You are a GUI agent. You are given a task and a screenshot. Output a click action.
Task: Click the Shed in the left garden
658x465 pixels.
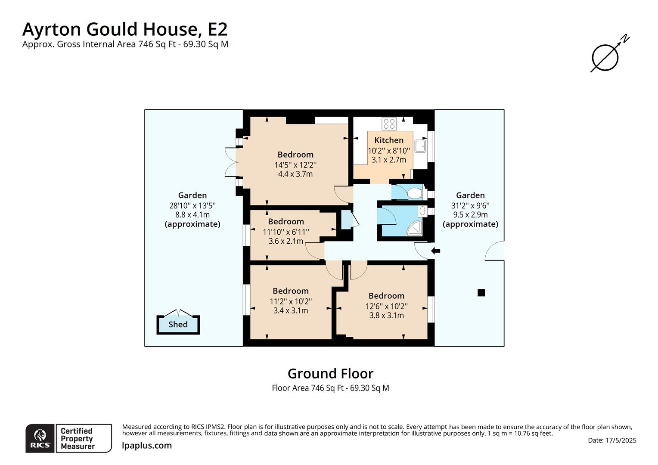(x=178, y=324)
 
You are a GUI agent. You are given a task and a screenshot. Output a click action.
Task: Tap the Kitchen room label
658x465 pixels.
(x=389, y=140)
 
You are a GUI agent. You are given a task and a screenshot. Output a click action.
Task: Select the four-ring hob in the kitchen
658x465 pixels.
(x=389, y=124)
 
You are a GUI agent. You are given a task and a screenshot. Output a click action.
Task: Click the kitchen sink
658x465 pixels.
(x=420, y=146)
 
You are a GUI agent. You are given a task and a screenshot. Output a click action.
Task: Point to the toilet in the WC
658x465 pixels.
(x=414, y=192)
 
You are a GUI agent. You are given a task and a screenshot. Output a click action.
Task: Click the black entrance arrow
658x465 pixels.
(x=436, y=251)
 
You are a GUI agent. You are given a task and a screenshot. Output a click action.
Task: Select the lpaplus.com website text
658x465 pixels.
(x=147, y=446)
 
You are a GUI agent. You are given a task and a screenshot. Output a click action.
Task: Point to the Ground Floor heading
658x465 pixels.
(x=330, y=373)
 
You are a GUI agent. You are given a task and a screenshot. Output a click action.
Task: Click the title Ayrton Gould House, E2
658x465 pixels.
(x=125, y=29)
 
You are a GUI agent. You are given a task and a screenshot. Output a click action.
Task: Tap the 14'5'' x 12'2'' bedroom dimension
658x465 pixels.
(x=295, y=164)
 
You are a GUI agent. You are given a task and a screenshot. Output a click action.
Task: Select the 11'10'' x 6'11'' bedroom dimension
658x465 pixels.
(x=286, y=232)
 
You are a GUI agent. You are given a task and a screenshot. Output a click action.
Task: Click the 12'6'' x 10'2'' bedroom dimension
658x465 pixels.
(x=386, y=306)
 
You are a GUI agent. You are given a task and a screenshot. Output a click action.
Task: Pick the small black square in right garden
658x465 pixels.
(x=481, y=293)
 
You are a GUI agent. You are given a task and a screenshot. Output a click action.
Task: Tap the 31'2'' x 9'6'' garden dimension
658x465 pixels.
(x=470, y=205)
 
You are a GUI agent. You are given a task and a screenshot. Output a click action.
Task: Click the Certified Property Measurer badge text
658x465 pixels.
(x=77, y=438)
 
